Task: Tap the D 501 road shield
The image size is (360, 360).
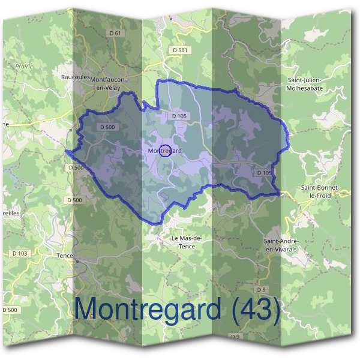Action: (x=180, y=50)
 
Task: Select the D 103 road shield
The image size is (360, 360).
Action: (x=19, y=253)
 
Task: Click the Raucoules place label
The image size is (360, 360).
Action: (x=75, y=77)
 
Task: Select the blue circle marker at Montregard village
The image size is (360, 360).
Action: (x=167, y=151)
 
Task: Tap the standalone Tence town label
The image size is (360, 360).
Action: (x=64, y=256)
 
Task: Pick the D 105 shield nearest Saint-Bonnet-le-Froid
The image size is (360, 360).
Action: (x=264, y=173)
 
